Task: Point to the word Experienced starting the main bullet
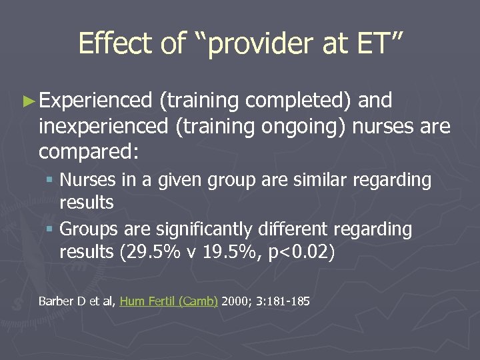[x=95, y=101]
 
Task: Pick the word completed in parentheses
[x=298, y=101]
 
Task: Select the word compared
[x=88, y=151]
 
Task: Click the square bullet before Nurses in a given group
[x=51, y=181]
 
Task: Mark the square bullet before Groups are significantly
[x=51, y=230]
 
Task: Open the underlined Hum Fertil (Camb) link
[x=169, y=301]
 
